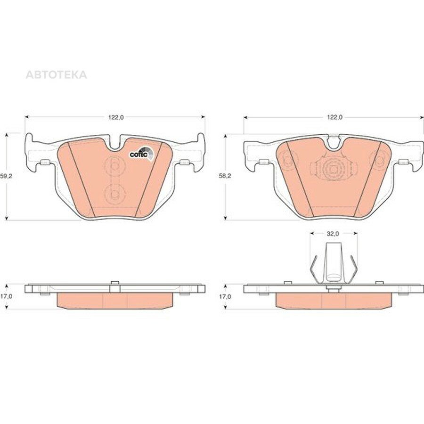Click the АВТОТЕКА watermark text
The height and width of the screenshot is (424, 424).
point(56,74)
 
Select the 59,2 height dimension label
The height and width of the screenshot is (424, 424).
point(7,176)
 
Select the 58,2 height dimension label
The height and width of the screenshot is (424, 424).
point(225,176)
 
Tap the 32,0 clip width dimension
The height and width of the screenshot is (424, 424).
point(333,234)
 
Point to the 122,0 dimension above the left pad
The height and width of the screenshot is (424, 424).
point(116,117)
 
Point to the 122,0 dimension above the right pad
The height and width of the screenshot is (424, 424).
point(335,117)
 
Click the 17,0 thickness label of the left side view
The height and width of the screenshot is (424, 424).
point(6,296)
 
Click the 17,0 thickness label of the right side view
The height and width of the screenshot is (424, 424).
point(225,296)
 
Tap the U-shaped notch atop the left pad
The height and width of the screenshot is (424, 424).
point(115,143)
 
